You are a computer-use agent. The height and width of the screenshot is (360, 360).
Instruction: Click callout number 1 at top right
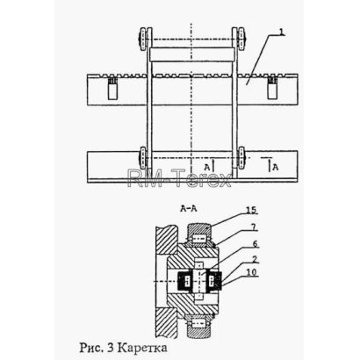(x=281, y=32)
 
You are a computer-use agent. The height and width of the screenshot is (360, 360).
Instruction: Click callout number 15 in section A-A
(x=251, y=210)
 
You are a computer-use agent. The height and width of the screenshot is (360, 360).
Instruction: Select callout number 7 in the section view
(x=254, y=226)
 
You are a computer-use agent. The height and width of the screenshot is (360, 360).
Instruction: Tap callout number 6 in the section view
(x=255, y=243)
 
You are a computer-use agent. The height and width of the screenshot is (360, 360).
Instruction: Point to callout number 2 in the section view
(x=255, y=259)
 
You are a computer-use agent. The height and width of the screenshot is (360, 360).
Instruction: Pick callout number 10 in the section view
(x=251, y=272)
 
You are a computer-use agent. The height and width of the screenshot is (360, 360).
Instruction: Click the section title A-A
(x=189, y=208)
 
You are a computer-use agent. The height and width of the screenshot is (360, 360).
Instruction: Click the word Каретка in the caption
(x=144, y=348)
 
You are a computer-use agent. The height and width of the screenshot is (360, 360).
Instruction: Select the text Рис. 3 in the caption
(x=97, y=348)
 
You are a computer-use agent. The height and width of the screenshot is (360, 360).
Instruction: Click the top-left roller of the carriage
(x=145, y=40)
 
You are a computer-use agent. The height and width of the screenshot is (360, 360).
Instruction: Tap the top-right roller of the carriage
(x=240, y=40)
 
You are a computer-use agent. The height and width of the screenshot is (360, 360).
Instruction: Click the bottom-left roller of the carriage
(x=143, y=158)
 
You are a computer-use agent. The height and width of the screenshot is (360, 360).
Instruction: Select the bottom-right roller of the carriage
(x=241, y=158)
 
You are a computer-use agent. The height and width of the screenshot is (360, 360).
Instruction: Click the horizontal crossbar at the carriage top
(x=191, y=54)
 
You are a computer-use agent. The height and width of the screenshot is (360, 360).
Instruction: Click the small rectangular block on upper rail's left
(x=112, y=89)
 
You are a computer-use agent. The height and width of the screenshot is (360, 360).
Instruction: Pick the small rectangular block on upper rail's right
(x=272, y=89)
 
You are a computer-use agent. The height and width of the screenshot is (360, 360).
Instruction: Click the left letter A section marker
(x=207, y=168)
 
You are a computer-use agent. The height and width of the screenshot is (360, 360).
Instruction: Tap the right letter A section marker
(x=276, y=168)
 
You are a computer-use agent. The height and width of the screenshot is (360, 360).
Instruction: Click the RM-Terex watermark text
(x=179, y=177)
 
